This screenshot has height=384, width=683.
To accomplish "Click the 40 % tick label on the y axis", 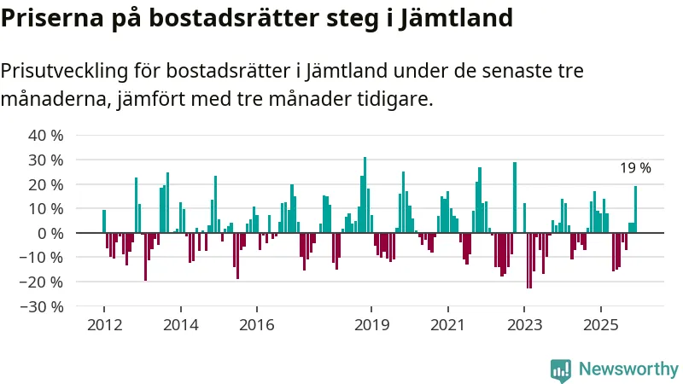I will click(46, 136).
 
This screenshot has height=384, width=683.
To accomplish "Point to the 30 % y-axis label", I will click(46, 160).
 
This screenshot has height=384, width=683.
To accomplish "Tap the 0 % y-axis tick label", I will click(50, 233).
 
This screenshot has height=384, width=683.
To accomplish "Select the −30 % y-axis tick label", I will click(43, 306).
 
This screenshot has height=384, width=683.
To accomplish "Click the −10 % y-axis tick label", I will click(43, 258).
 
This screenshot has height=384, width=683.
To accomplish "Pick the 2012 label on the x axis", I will click(103, 325).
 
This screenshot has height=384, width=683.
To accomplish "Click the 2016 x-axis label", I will click(256, 325).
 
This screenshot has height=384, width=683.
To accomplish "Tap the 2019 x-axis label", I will click(371, 325).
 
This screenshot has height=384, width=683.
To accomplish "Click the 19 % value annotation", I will click(635, 169).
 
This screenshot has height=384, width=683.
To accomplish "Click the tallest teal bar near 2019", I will click(365, 195).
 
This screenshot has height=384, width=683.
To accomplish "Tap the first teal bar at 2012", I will click(104, 222).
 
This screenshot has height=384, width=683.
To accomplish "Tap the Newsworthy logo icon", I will click(561, 369).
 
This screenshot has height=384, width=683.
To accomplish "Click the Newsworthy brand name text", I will click(628, 369).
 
